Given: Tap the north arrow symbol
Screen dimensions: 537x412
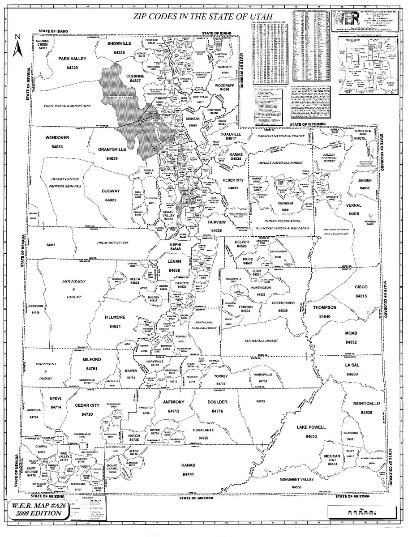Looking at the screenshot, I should click(17, 46).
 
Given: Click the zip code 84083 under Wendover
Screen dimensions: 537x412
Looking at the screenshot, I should click(57, 147).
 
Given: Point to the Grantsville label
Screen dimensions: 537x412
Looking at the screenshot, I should click(112, 149).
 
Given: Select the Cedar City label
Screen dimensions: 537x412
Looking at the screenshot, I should click(87, 405).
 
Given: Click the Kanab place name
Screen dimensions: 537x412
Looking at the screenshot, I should click(187, 465).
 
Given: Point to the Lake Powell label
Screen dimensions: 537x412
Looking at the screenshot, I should click(311, 427).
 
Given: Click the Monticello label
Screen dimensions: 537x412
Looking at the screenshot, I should click(366, 403).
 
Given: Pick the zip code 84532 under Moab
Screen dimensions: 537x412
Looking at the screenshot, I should click(351, 342).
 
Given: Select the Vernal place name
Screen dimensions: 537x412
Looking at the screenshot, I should click(354, 205).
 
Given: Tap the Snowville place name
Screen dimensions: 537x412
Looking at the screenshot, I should click(119, 43).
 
